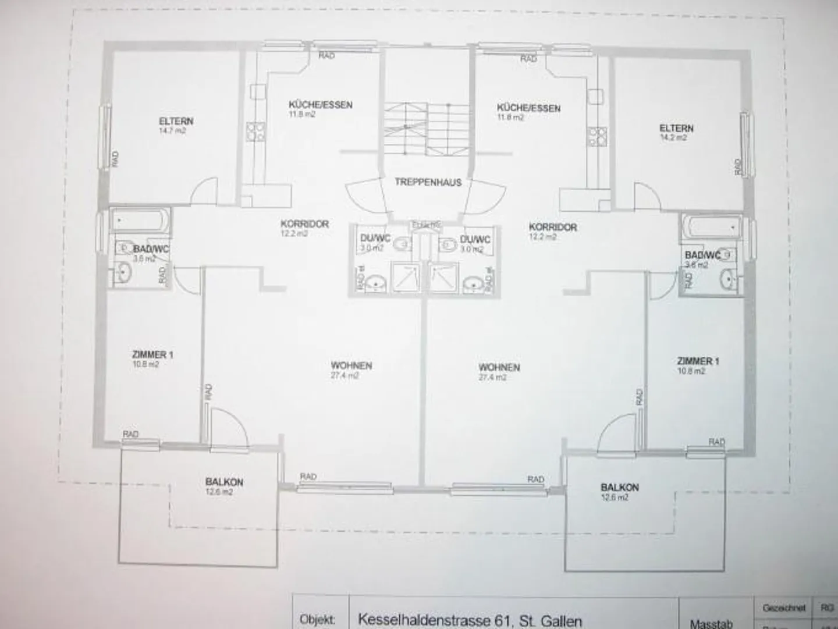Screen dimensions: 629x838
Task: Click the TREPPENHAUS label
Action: (428, 182)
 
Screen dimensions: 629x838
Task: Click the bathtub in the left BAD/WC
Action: (140, 221)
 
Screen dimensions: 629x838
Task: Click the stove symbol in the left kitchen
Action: (254, 132)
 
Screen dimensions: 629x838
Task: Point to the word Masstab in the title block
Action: (711, 623)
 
